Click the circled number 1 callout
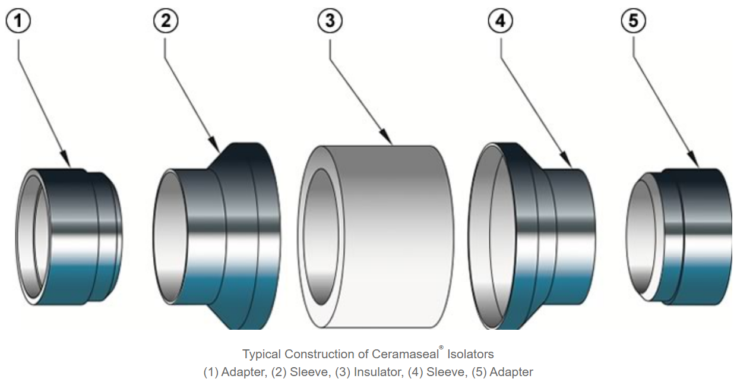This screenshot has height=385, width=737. pos(18,21)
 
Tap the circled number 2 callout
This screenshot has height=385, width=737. pos(166,21)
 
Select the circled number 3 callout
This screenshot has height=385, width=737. pos(330,21)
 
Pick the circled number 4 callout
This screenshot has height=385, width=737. pos(501,21)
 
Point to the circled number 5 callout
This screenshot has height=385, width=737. pos(634,21)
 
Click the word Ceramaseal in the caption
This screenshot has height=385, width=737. pos(407,354)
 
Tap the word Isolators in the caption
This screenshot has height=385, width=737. pos(470,354)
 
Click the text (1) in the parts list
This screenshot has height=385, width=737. pos(211,373)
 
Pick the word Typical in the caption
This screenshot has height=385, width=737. pos(261,354)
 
